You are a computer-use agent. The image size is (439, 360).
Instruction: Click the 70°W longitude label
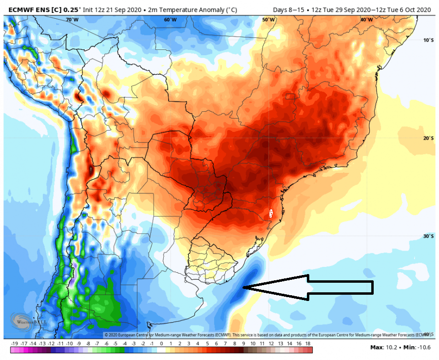coord(72,20)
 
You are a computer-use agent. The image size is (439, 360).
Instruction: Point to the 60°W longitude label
coord(170,20)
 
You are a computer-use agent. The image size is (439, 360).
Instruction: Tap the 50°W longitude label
coord(268,20)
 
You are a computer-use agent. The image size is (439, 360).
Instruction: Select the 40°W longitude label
coord(366,20)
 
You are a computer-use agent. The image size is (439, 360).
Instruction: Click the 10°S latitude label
coord(428,40)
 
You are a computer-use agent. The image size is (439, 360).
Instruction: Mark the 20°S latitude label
coord(428,138)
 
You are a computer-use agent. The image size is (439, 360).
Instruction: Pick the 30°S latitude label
coord(428,236)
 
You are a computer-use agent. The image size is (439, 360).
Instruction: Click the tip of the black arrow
coord(244,288)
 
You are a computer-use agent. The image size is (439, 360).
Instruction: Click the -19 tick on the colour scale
coord(14,344)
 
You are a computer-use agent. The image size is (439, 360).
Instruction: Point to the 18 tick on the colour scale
coord(308,344)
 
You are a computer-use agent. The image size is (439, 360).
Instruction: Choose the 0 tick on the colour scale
coord(161,344)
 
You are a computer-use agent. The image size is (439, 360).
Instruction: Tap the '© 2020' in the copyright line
coord(113,335)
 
